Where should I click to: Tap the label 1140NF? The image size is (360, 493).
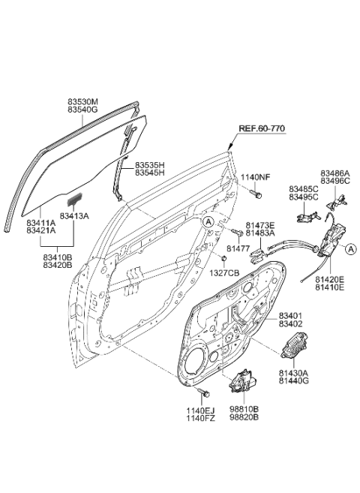(x=254, y=177)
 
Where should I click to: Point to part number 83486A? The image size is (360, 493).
(x=335, y=173)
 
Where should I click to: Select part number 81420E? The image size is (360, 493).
(x=331, y=277)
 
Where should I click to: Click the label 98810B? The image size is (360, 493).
(x=244, y=410)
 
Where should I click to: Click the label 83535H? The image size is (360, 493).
(x=151, y=164)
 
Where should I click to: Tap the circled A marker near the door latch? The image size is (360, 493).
(x=351, y=250)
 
